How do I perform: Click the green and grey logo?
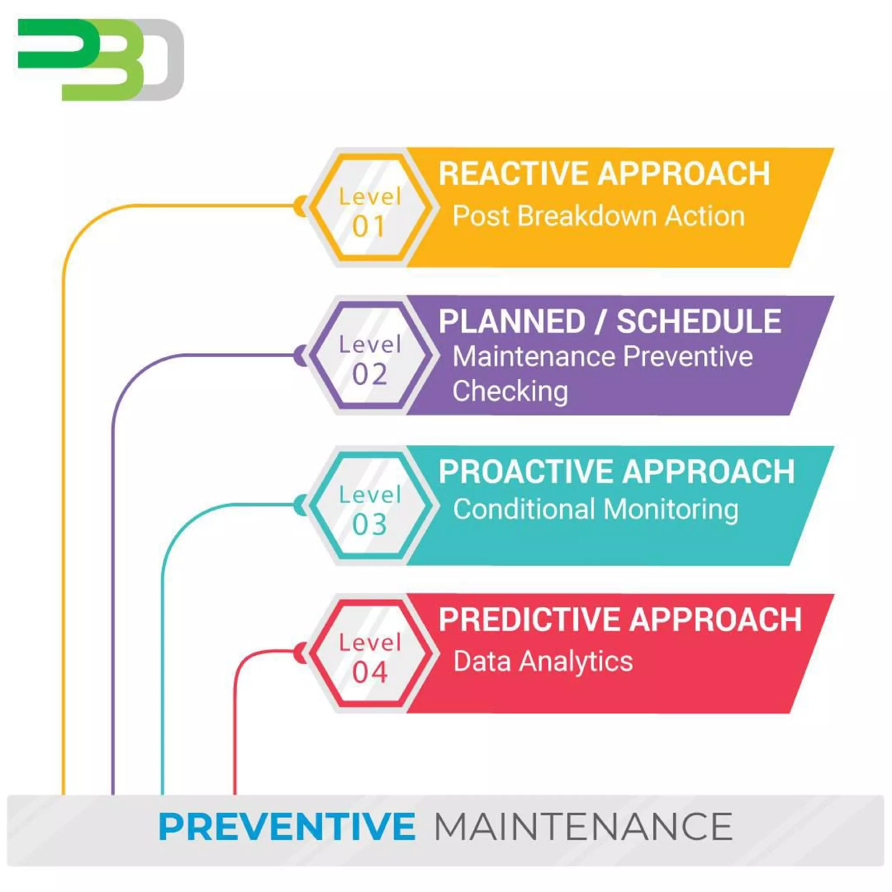(101, 59)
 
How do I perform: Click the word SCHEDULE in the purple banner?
(699, 322)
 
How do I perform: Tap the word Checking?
(510, 391)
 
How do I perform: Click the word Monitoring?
(670, 509)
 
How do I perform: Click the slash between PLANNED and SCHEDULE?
(601, 322)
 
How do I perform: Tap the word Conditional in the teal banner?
(524, 509)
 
